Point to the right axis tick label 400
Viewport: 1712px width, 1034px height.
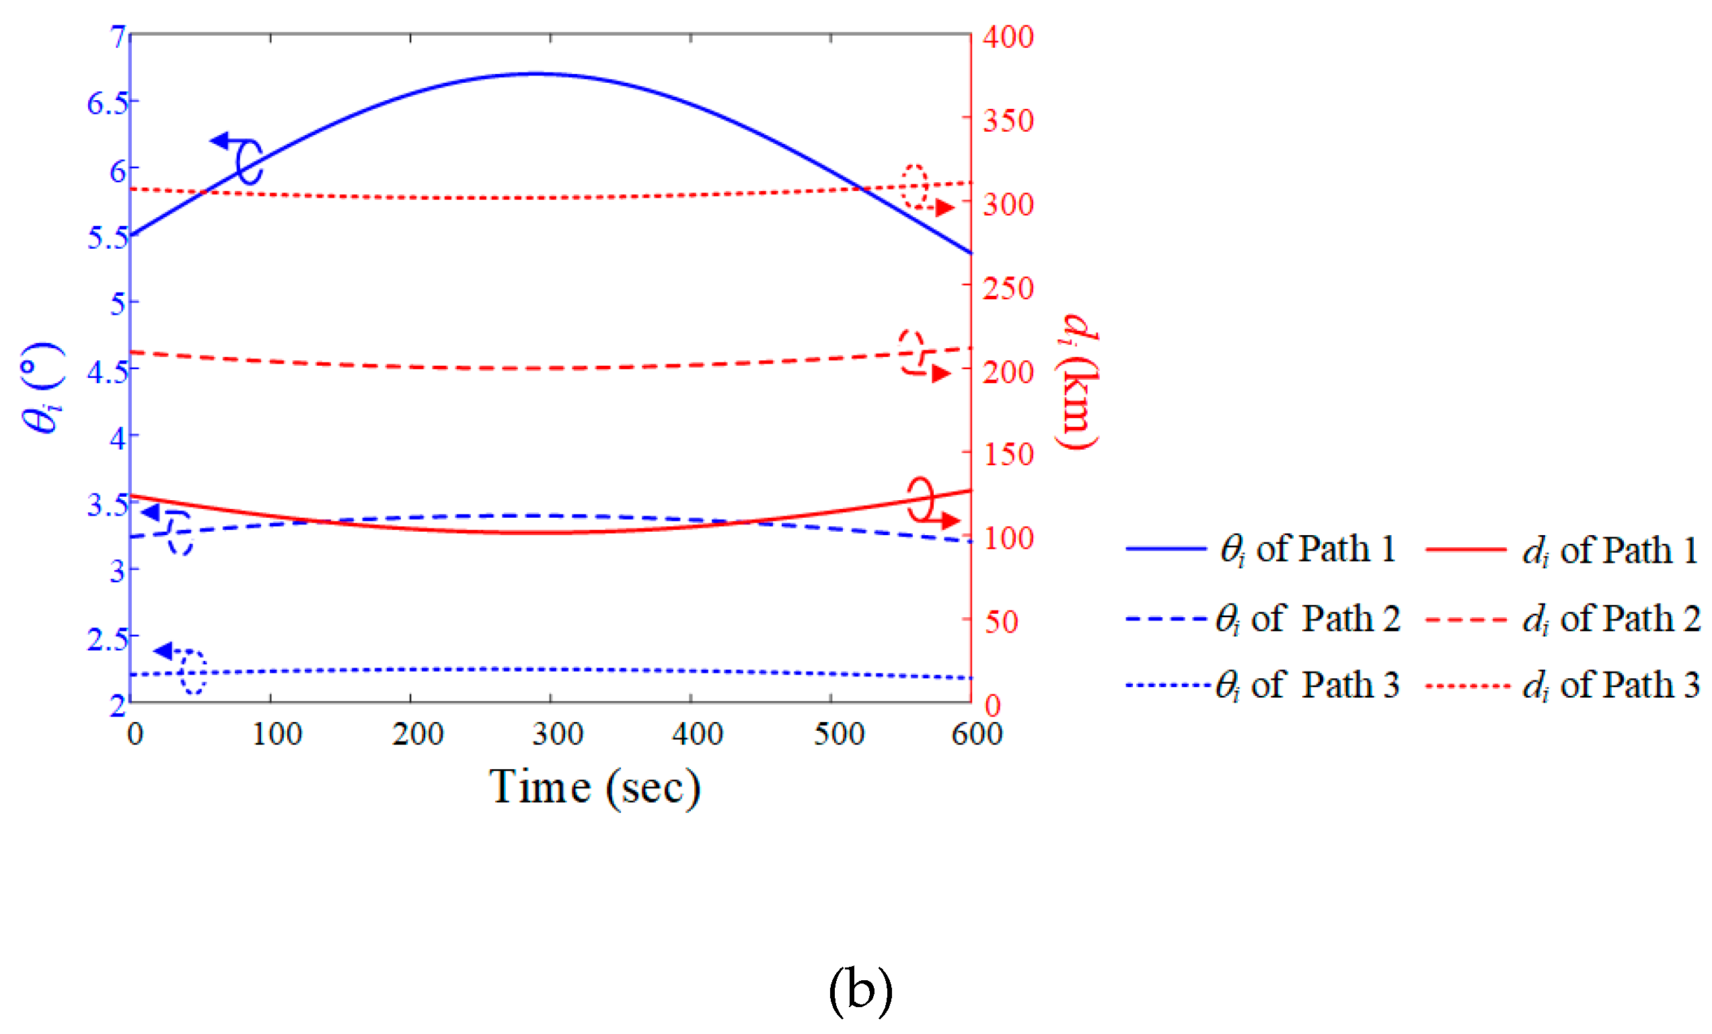click(x=1008, y=37)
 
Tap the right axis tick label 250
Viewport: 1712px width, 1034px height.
click(x=1008, y=288)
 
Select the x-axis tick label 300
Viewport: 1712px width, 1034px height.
click(x=557, y=734)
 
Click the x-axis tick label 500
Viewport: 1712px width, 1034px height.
click(x=839, y=734)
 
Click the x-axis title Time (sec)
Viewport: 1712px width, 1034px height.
click(x=595, y=787)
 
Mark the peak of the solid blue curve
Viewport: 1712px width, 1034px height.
click(x=535, y=73)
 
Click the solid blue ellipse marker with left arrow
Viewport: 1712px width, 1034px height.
click(x=249, y=161)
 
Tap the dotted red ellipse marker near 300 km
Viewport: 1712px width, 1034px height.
click(x=914, y=186)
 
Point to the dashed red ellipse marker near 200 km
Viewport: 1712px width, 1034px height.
click(x=911, y=352)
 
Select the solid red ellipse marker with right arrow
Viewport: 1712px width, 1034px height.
click(x=921, y=499)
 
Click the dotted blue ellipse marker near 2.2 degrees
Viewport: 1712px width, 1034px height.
click(x=192, y=672)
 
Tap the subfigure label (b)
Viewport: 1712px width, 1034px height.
click(x=860, y=990)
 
